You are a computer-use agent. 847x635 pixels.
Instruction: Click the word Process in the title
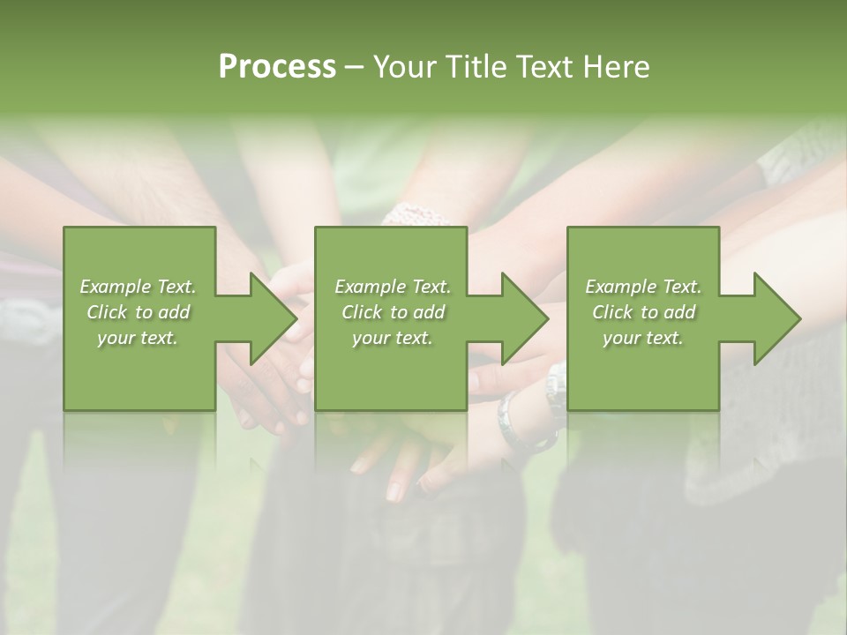[x=277, y=67]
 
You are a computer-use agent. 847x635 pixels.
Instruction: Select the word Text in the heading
[x=545, y=67]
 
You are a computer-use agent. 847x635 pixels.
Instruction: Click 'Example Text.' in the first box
[x=138, y=287]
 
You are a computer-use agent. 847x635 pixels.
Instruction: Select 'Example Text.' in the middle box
[x=392, y=287]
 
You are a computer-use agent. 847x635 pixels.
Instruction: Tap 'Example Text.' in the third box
[x=643, y=287]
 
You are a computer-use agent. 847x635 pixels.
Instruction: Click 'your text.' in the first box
[x=138, y=338]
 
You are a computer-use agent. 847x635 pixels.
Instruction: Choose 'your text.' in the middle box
[x=392, y=338]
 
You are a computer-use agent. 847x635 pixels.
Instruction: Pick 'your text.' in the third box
[x=643, y=338]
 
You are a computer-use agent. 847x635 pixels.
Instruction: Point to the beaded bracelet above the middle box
[x=415, y=213]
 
